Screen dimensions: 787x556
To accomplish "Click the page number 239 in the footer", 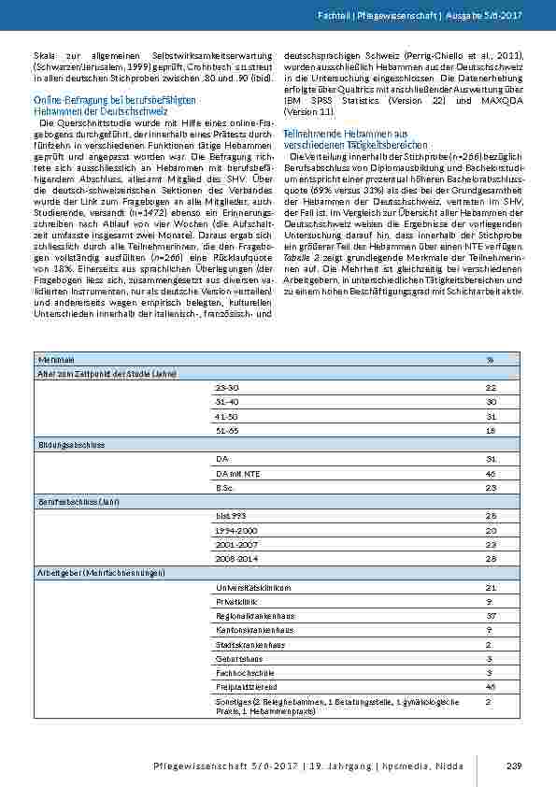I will tap(512, 767).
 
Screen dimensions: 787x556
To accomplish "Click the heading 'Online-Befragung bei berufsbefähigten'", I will tap(114, 99).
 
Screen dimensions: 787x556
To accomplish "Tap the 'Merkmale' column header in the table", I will tap(52, 359).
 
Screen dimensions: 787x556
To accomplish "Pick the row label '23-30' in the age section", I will tap(226, 387).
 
